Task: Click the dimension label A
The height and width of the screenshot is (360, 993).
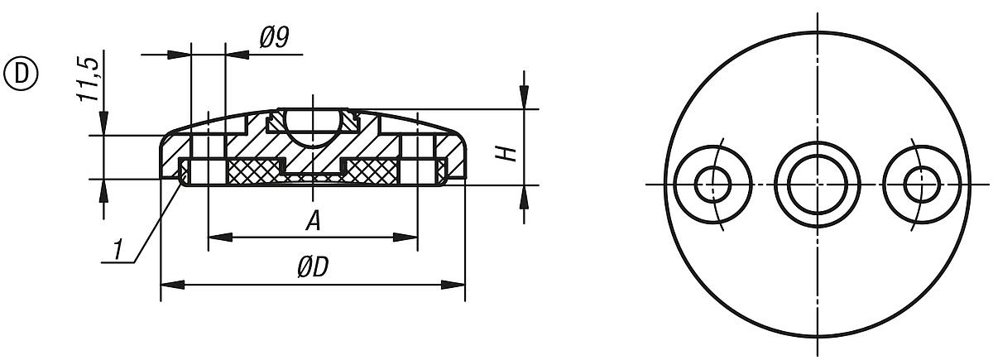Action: click(x=311, y=221)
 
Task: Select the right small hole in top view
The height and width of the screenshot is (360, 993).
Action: click(x=919, y=184)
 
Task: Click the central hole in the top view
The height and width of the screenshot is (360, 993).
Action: click(x=816, y=184)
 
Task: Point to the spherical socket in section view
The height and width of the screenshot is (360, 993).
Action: click(x=311, y=127)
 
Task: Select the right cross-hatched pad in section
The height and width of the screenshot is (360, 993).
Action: click(x=373, y=171)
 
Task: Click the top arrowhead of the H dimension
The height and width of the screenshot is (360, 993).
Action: click(x=523, y=99)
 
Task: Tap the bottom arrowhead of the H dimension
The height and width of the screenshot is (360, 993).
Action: click(x=523, y=194)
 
